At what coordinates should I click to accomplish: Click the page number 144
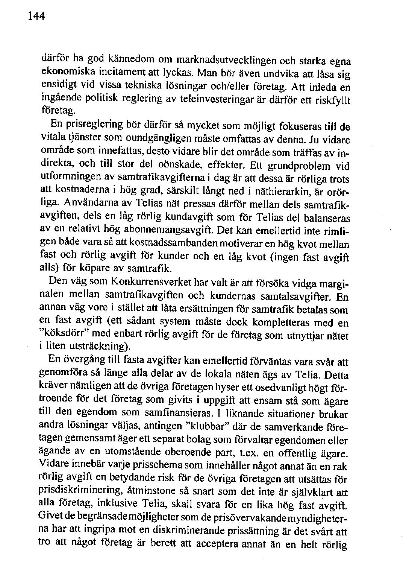coord(36,16)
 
